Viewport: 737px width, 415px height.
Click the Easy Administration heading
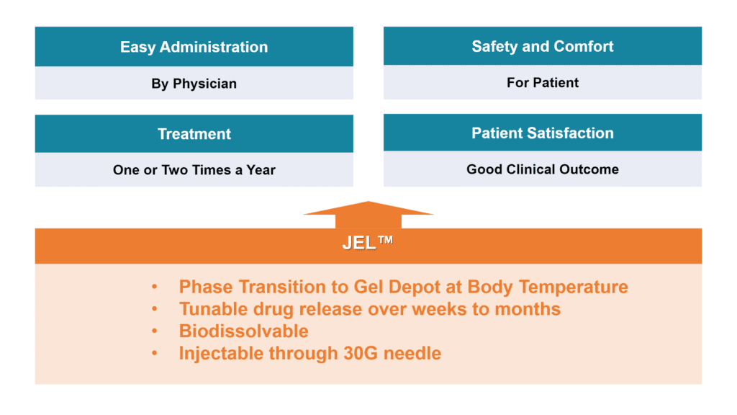[x=194, y=48]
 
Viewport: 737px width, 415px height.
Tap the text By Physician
[x=194, y=84]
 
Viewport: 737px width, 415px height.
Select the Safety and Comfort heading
[x=542, y=47]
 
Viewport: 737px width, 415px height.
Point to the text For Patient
[x=542, y=83]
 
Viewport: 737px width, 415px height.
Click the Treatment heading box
[x=194, y=134]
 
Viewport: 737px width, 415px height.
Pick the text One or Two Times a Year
[x=194, y=171]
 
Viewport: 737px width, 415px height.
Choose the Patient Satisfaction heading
[x=542, y=133]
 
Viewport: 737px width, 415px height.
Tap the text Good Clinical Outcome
[x=542, y=169]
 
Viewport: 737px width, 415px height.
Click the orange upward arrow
[x=368, y=214]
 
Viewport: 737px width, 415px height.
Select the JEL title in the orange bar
[x=359, y=244]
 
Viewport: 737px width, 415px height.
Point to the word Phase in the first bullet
[x=206, y=287]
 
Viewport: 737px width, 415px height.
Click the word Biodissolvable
[x=243, y=331]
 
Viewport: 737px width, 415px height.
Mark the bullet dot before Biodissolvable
[x=155, y=331]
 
